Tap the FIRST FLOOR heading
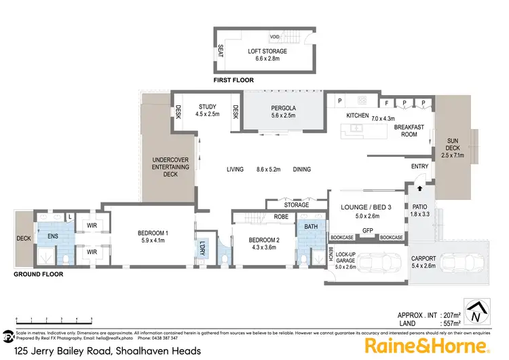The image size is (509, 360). [x=233, y=80]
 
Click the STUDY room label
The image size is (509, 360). [x=207, y=107]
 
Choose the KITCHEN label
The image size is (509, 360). [x=357, y=116]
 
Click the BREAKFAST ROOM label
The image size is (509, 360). [x=409, y=130]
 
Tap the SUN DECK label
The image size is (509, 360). [x=452, y=145]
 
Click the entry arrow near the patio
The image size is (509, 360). [x=419, y=189]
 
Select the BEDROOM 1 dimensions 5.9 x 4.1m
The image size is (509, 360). [x=154, y=239]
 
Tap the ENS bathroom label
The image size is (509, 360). [x=52, y=236]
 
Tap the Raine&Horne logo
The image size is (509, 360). [x=428, y=346]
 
